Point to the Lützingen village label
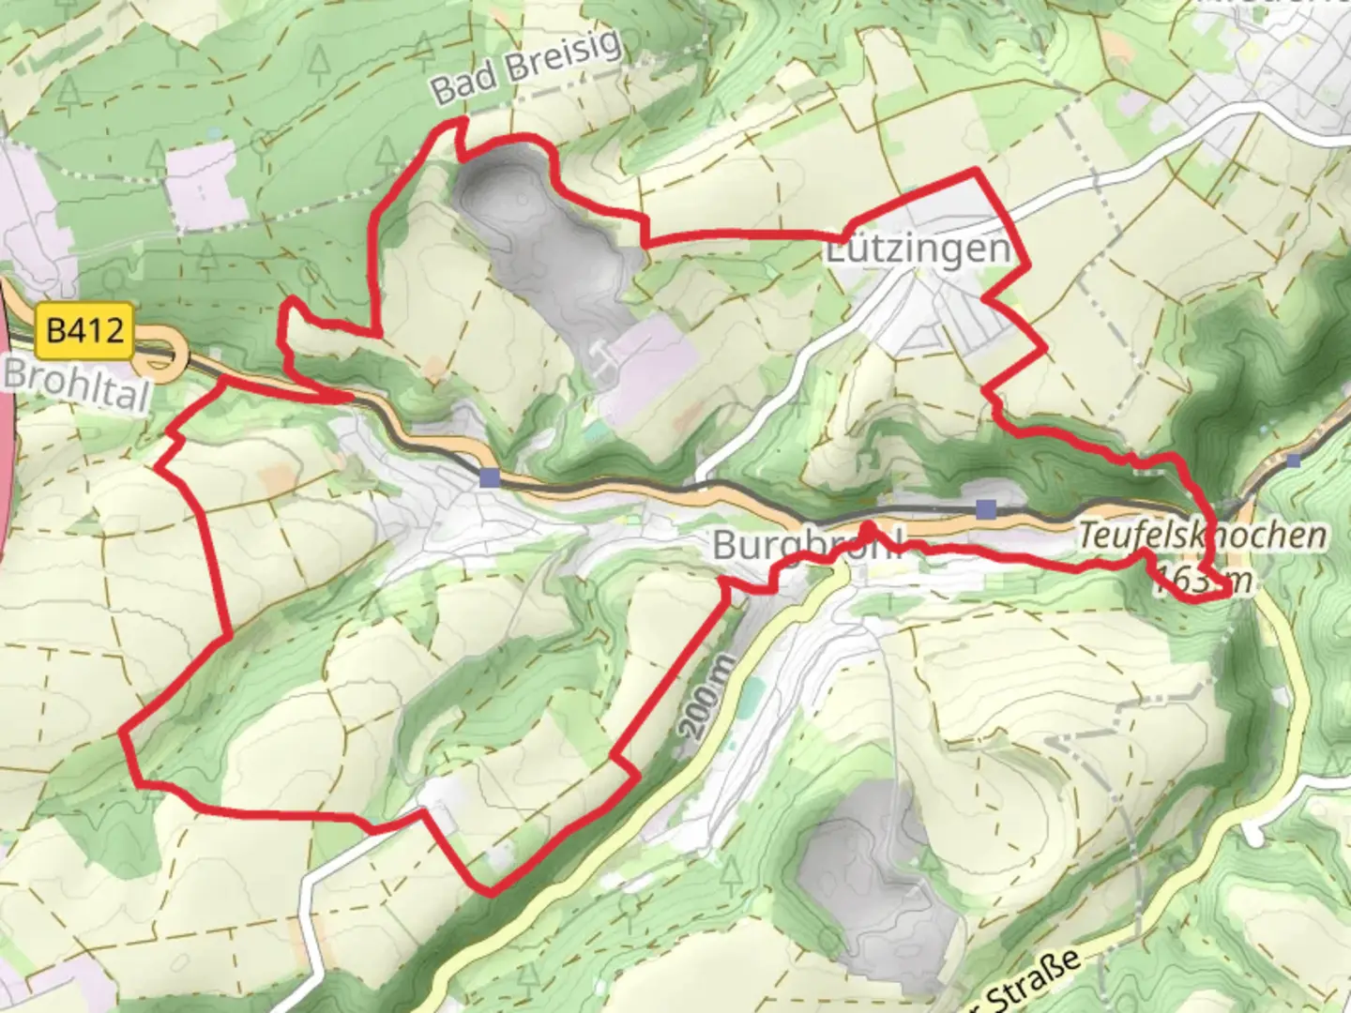[x=918, y=249]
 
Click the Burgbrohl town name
[x=807, y=545]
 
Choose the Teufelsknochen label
[x=1202, y=536]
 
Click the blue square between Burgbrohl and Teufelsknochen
[x=985, y=509]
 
